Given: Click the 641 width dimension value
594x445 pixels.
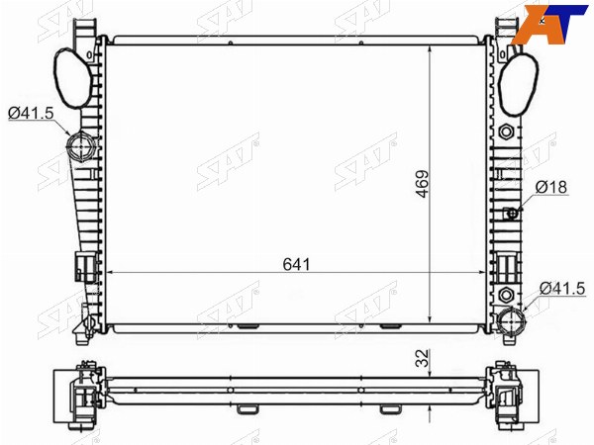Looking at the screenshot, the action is [296, 264].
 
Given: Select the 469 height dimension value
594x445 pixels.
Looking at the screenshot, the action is [423, 184].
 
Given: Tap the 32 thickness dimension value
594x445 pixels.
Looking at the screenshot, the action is [423, 358].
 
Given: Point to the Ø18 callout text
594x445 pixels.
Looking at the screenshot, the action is [551, 187].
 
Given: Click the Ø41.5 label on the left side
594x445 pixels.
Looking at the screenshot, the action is [31, 113].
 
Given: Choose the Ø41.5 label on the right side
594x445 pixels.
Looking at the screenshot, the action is [562, 289].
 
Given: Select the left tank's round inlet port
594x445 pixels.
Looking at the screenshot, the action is [79, 147].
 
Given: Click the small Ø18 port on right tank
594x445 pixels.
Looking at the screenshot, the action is [513, 214].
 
